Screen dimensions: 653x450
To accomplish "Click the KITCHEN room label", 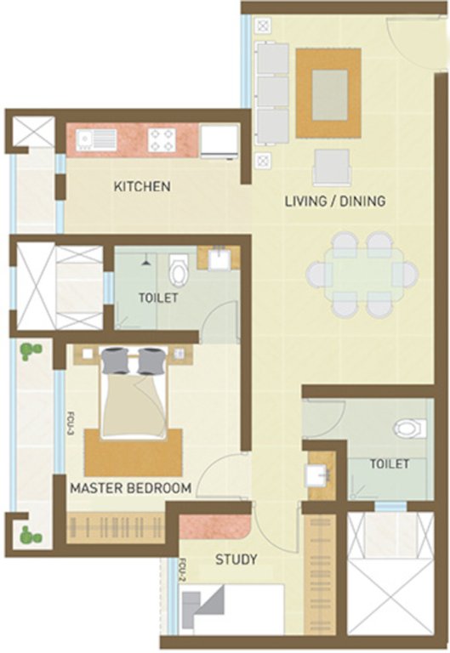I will (143, 186).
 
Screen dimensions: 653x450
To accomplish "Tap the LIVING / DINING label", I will (334, 202).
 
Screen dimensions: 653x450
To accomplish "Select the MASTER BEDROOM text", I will (130, 488).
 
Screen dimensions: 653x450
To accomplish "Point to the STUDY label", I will (236, 559).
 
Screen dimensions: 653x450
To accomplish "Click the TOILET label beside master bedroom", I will (159, 298).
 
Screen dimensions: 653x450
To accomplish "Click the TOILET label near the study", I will (390, 464).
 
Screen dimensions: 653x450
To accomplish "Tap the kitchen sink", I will (88, 139).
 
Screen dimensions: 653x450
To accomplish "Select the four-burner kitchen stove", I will (161, 139).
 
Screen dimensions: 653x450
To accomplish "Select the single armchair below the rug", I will (331, 166).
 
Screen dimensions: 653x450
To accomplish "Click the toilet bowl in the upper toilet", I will (179, 271).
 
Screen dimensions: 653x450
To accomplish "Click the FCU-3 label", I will (71, 424).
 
